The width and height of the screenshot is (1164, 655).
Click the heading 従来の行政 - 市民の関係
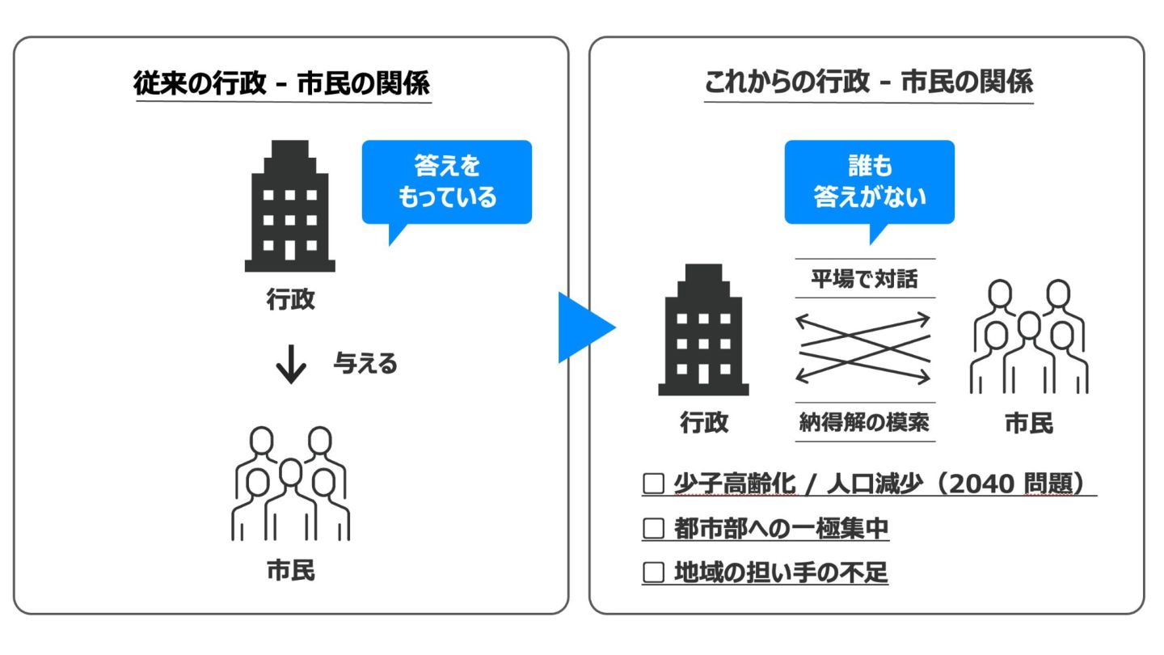coord(282,83)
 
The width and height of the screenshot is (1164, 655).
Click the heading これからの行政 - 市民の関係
coord(869,83)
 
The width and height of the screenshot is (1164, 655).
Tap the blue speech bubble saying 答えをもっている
coord(447,182)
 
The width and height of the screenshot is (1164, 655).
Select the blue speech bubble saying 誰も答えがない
coord(869,182)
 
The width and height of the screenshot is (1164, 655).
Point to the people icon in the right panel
coord(1027,336)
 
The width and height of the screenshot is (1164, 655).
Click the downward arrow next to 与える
coord(291,366)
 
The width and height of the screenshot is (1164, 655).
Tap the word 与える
coord(365,365)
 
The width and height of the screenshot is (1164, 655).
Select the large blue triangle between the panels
coord(584,327)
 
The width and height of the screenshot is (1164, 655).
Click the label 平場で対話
coord(865,279)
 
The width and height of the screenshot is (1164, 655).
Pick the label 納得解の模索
coord(865,422)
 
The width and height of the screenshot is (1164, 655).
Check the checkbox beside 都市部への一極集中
coord(652,529)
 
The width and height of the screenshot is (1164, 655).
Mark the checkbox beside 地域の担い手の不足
coord(652,573)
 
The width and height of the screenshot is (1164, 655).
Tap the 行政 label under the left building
coord(290,300)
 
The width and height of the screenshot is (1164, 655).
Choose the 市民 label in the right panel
coord(1028,423)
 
